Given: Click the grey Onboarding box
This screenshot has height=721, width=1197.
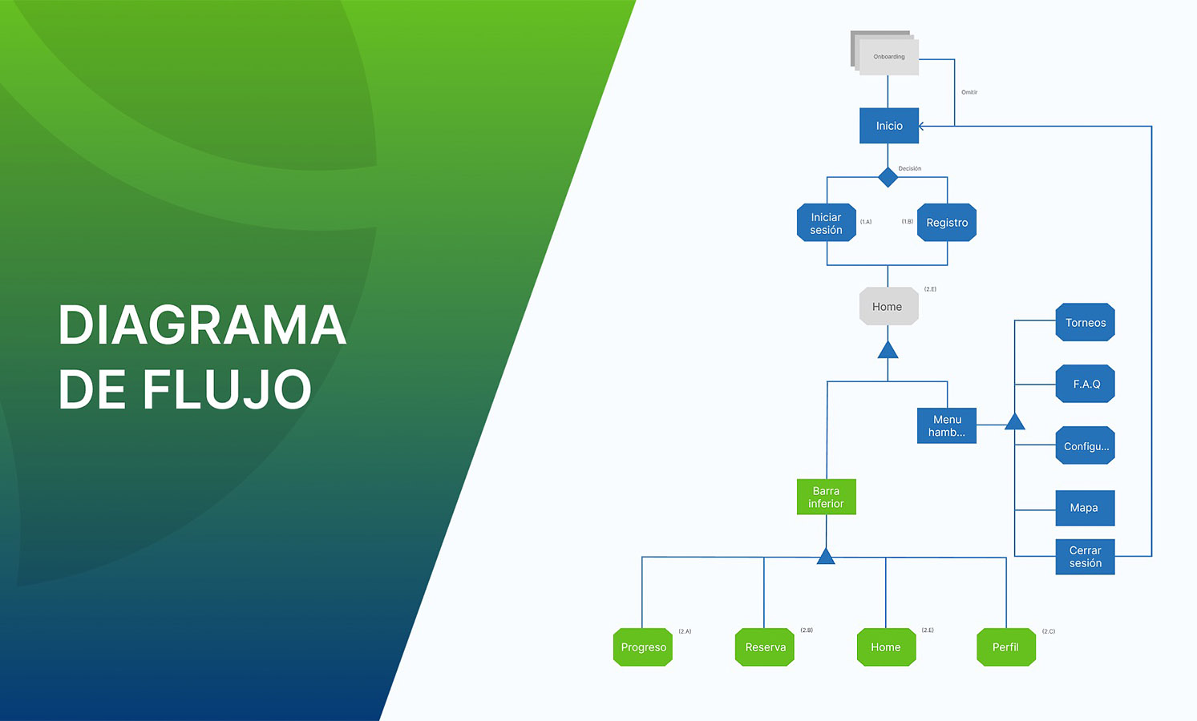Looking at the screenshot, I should pos(888,57).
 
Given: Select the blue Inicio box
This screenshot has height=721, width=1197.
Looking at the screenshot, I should pos(889,126).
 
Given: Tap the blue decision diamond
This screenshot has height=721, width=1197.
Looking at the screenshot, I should pos(888,177).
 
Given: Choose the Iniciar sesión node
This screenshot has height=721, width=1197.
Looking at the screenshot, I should pos(827,223).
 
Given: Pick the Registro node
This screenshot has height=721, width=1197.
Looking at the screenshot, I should pos(947,223).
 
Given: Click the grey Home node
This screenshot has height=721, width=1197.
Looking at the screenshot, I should pos(888,306).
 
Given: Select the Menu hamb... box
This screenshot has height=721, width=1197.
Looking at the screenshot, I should pos(947,425).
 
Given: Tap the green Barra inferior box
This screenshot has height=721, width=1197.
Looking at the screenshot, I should pos(827,497).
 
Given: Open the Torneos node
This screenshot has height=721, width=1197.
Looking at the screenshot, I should pos(1086,322).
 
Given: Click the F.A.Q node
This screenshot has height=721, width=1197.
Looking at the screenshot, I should pos(1086,384).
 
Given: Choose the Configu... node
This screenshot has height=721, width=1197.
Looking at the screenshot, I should pos(1086,445).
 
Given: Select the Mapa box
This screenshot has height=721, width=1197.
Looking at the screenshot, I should pos(1085,508).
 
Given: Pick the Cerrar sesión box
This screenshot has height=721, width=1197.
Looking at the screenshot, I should pos(1085,557).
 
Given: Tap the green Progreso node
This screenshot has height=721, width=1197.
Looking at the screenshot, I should pos(643,647).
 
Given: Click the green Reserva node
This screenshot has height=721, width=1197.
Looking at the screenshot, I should pos(765,647).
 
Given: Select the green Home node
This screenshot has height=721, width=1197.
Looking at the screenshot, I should pos(886,647).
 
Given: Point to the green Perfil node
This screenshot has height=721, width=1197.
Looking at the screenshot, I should pos(1006,647).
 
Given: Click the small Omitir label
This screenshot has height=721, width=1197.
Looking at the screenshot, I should pos(969,92).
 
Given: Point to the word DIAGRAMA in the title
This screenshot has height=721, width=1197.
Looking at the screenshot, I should pos(202,325).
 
